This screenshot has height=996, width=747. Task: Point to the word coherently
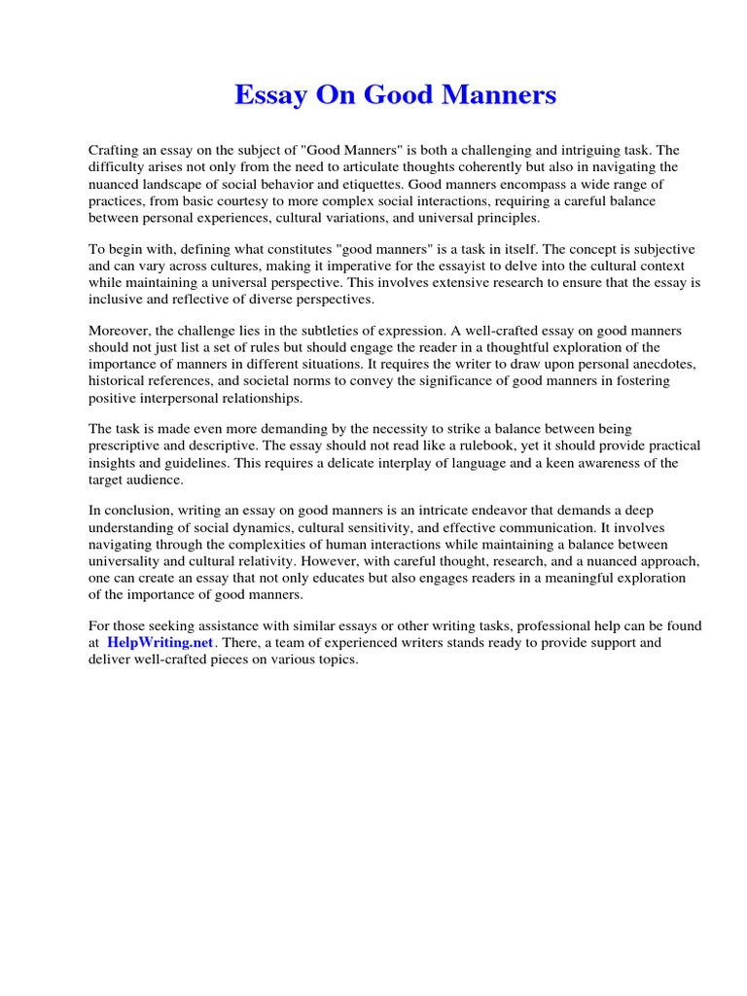click(483, 167)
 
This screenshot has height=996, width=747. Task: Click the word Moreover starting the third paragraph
click(120, 330)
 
